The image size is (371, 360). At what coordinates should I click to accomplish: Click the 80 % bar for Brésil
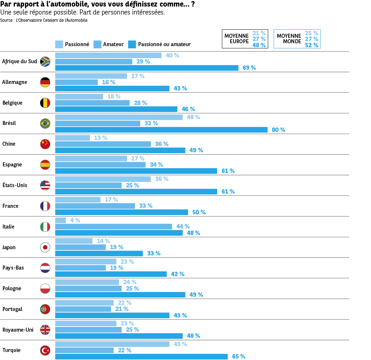pyautogui.click(x=161, y=130)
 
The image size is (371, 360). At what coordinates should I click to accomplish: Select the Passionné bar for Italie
pyautogui.click(x=60, y=221)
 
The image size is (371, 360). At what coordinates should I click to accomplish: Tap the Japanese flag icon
pyautogui.click(x=45, y=247)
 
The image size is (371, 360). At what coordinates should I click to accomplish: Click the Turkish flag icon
pyautogui.click(x=45, y=351)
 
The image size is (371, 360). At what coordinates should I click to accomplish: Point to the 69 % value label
pyautogui.click(x=249, y=68)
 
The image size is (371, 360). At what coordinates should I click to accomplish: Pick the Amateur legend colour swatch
pyautogui.click(x=97, y=44)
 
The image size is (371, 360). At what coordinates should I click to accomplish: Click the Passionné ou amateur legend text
pyautogui.click(x=164, y=44)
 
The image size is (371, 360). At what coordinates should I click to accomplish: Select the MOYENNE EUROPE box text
pyautogui.click(x=236, y=39)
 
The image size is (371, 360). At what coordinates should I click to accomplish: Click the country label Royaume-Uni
pyautogui.click(x=18, y=330)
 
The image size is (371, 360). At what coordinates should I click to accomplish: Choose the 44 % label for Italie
pyautogui.click(x=183, y=227)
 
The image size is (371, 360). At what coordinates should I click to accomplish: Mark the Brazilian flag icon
pyautogui.click(x=45, y=124)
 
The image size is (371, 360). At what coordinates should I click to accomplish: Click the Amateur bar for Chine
pyautogui.click(x=103, y=144)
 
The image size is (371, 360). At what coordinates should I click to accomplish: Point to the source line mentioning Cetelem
pyautogui.click(x=44, y=20)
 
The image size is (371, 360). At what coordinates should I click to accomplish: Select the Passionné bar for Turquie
pyautogui.click(x=112, y=344)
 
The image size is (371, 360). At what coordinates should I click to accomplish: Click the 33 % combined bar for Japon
pyautogui.click(x=99, y=254)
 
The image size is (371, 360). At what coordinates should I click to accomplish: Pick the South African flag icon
pyautogui.click(x=45, y=61)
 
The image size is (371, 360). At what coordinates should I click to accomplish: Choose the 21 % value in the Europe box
pyautogui.click(x=259, y=33)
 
